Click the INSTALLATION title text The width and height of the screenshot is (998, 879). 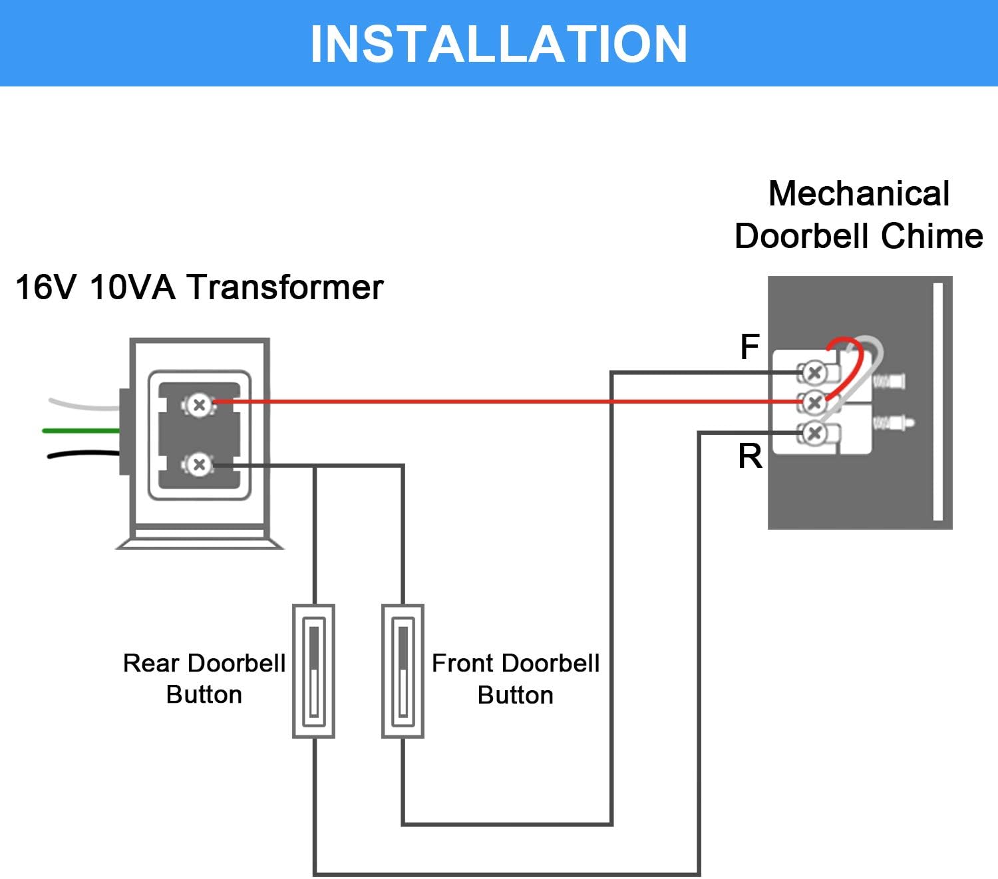pyautogui.click(x=498, y=44)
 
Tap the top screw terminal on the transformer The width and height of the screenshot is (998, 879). pyautogui.click(x=198, y=404)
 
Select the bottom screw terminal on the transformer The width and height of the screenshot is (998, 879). pyautogui.click(x=198, y=465)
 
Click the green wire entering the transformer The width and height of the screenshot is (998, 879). pyautogui.click(x=80, y=431)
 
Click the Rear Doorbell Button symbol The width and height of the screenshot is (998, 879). pyautogui.click(x=313, y=671)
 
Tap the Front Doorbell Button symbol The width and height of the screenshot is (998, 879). pyautogui.click(x=403, y=671)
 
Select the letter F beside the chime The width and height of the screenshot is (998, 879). pyautogui.click(x=750, y=347)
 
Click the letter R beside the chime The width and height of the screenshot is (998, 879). pyautogui.click(x=750, y=457)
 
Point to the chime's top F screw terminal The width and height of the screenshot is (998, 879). pyautogui.click(x=814, y=372)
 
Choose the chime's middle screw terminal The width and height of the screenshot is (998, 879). pyautogui.click(x=814, y=402)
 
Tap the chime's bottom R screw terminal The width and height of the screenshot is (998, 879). pyautogui.click(x=814, y=434)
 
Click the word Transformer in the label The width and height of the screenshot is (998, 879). pyautogui.click(x=285, y=288)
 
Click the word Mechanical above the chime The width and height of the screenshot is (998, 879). pyautogui.click(x=858, y=194)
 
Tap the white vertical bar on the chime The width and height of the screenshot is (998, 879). pyautogui.click(x=938, y=402)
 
